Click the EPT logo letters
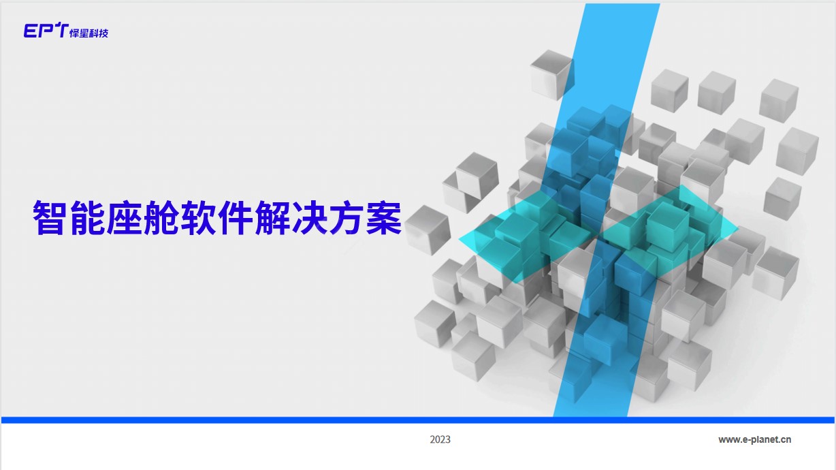46,31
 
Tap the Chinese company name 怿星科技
89,33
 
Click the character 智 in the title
49,218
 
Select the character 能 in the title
86,218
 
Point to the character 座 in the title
123,218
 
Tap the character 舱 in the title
160,218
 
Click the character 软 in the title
197,218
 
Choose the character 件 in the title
234,218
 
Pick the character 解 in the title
272,218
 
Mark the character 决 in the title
308,218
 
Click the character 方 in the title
346,218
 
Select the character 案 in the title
383,218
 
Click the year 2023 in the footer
440,439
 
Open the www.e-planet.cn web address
754,439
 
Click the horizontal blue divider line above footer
417,420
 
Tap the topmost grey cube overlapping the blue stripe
551,75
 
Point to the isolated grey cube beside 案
428,230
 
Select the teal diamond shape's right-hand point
738,228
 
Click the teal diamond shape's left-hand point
459,239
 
